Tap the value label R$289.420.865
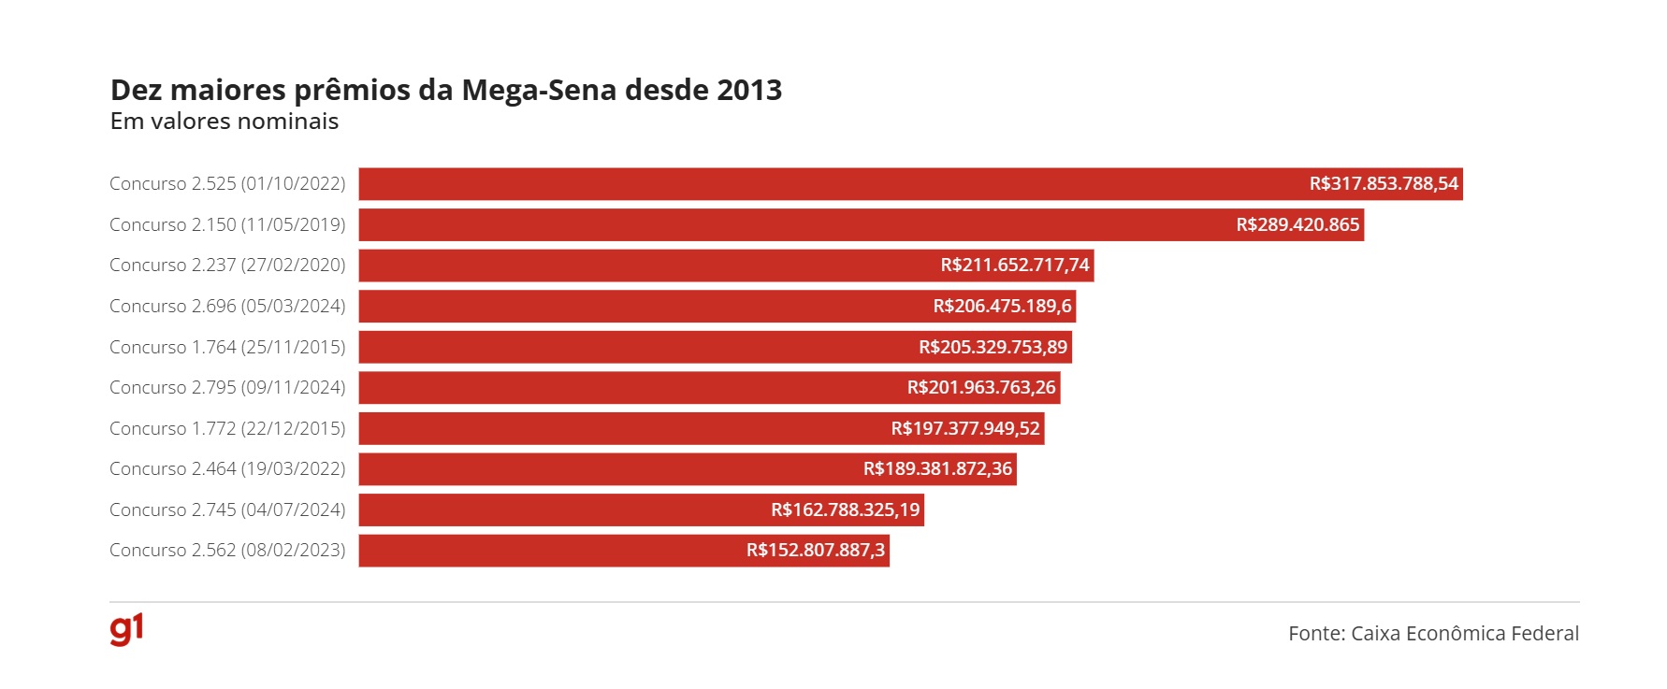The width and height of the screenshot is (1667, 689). pyautogui.click(x=1297, y=225)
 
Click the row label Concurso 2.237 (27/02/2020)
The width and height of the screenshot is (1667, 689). pyautogui.click(x=227, y=266)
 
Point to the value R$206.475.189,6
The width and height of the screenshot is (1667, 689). pyautogui.click(x=1002, y=307)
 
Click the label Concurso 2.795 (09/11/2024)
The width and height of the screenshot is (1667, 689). pyautogui.click(x=227, y=388)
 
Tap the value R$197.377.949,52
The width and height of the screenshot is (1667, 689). pyautogui.click(x=965, y=429)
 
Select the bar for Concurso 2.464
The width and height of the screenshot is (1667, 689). pyautogui.click(x=608, y=469)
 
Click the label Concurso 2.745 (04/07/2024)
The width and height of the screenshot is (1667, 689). pyautogui.click(x=227, y=510)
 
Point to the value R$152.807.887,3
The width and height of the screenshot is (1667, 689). pyautogui.click(x=816, y=551)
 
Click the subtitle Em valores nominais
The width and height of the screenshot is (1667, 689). pyautogui.click(x=225, y=122)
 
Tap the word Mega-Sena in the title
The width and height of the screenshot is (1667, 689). pyautogui.click(x=539, y=90)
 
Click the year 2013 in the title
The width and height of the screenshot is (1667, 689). pyautogui.click(x=748, y=90)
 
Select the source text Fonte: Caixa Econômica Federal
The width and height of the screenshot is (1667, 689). pyautogui.click(x=1433, y=634)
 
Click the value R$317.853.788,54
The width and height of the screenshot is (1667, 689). pyautogui.click(x=1384, y=184)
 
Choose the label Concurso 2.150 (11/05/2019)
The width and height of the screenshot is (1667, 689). pyautogui.click(x=227, y=225)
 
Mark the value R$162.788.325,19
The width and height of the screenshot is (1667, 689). pyautogui.click(x=846, y=510)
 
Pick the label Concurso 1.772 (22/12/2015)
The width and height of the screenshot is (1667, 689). pyautogui.click(x=227, y=429)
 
